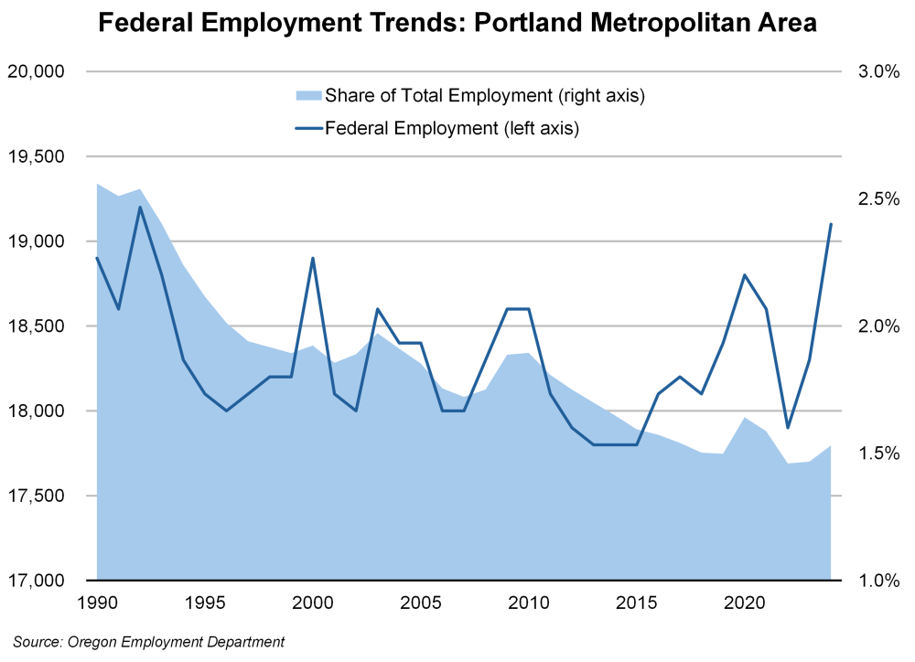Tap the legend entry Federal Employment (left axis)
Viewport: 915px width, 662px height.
(453, 128)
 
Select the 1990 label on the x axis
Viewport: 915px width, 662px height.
(97, 603)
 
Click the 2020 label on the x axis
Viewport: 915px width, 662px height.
(745, 603)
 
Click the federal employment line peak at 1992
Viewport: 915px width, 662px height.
(140, 207)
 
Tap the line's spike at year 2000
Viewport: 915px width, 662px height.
(313, 258)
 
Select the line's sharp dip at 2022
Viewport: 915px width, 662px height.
(788, 427)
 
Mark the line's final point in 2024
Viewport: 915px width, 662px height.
(831, 224)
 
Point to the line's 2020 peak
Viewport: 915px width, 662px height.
(745, 275)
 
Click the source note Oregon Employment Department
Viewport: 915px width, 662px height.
(149, 642)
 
